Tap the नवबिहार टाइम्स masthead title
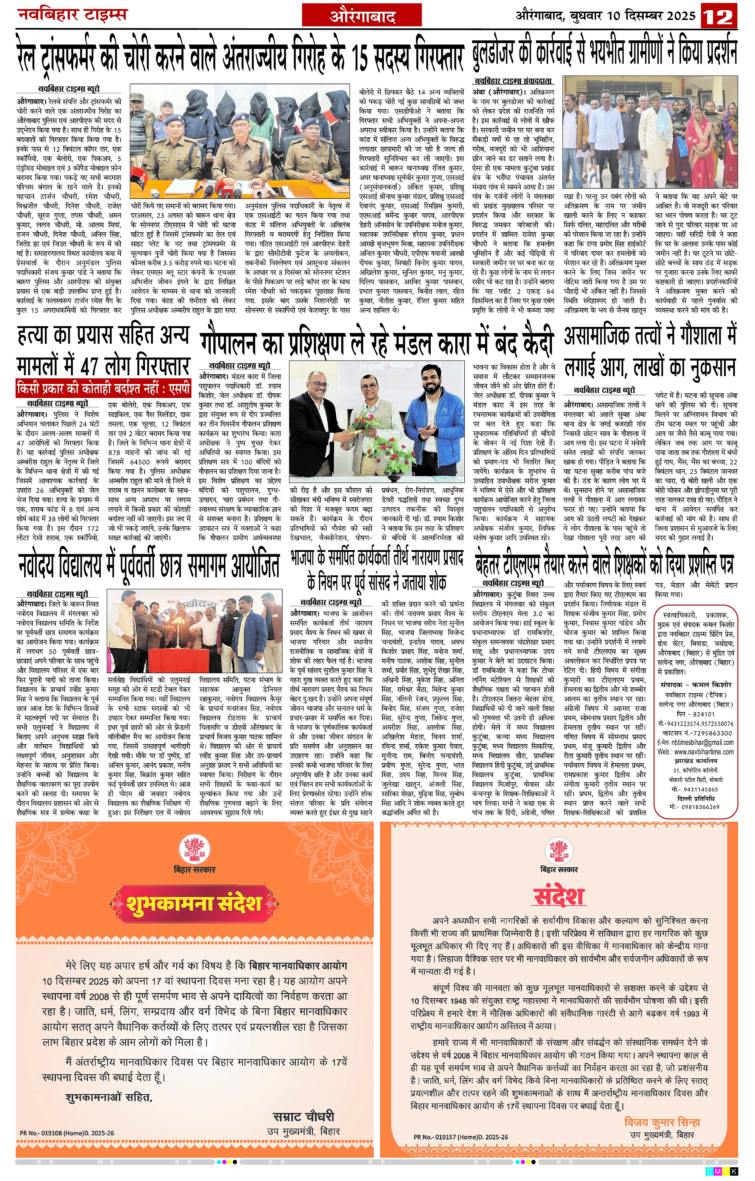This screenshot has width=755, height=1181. click(x=72, y=15)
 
